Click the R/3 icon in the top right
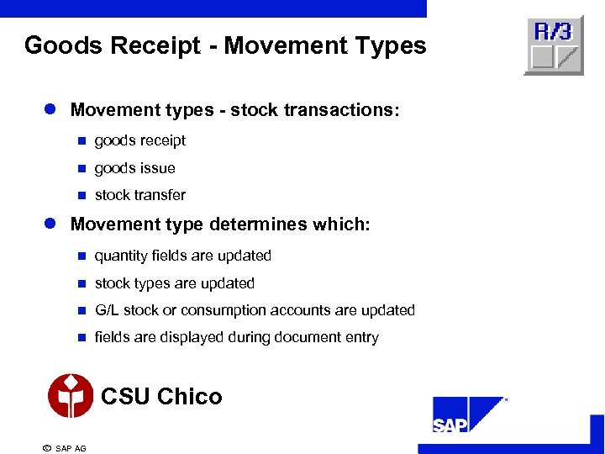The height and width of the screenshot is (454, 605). pyautogui.click(x=553, y=45)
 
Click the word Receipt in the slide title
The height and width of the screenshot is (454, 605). pyautogui.click(x=156, y=45)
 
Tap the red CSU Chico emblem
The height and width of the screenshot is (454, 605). pyautogui.click(x=71, y=396)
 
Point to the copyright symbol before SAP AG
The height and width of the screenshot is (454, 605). pyautogui.click(x=46, y=447)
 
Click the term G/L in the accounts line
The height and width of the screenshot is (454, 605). pyautogui.click(x=108, y=310)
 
